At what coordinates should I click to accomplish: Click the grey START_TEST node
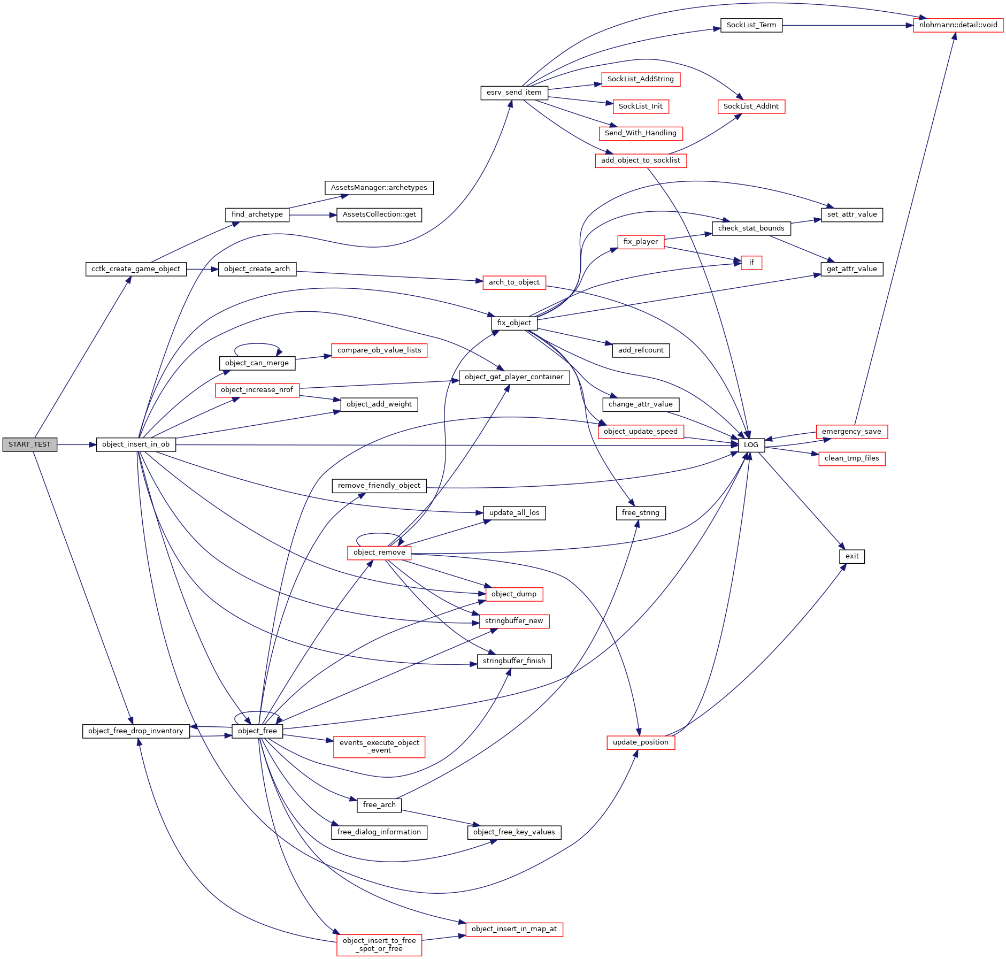[x=29, y=444]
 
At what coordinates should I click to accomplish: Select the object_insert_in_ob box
[x=136, y=444]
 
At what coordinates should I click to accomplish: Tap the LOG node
[x=751, y=445]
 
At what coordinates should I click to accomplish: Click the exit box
[x=852, y=556]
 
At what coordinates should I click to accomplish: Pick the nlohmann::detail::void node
[x=958, y=25]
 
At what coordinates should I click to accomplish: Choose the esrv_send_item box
[x=513, y=93]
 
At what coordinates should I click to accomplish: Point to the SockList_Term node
[x=751, y=25]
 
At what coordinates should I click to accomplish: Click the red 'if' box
[x=751, y=263]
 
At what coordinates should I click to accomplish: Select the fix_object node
[x=513, y=323]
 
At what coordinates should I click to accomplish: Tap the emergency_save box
[x=851, y=432]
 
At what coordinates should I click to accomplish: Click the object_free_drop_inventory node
[x=136, y=731]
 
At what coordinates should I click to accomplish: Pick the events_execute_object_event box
[x=379, y=747]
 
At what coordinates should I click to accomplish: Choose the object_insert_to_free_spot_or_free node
[x=379, y=945]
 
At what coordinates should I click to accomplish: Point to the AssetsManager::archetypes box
[x=379, y=188]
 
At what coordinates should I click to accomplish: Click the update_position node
[x=641, y=742]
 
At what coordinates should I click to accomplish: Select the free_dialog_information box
[x=379, y=832]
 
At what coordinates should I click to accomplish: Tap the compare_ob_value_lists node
[x=379, y=350]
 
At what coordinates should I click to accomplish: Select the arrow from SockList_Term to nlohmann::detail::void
[x=848, y=25]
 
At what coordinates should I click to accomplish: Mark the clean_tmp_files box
[x=851, y=458]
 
